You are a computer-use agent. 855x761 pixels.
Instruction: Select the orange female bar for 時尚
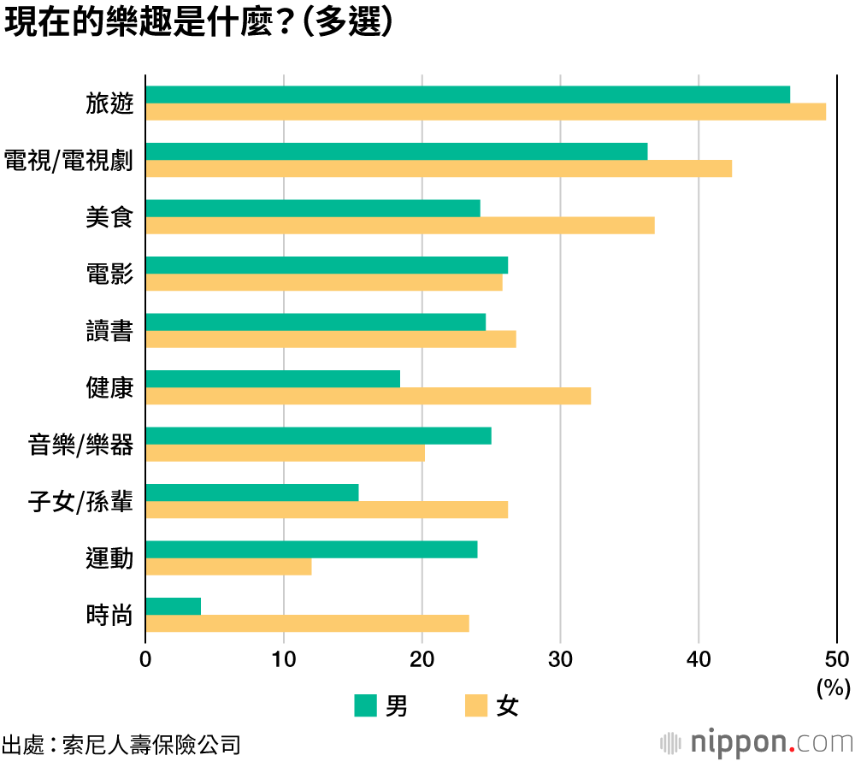[x=307, y=623]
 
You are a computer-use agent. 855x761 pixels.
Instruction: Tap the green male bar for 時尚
[x=174, y=606]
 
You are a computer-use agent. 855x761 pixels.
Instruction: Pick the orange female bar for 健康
[x=368, y=396]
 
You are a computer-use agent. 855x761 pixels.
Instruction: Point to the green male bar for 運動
[x=311, y=549]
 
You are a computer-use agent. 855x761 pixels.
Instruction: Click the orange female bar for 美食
[x=399, y=225]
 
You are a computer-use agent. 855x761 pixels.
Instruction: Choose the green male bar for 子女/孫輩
[x=252, y=493]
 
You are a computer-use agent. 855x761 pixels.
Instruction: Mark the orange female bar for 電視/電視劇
[x=439, y=168]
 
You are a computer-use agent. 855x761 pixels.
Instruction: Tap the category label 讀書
[x=109, y=331]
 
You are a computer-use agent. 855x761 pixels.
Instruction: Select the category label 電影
[x=109, y=274]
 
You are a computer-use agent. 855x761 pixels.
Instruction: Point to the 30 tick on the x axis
[x=560, y=659]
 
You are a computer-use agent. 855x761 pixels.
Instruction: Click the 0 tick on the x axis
[x=145, y=659]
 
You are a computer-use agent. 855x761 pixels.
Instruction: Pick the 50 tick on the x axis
[x=837, y=659]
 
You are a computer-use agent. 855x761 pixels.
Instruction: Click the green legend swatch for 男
[x=365, y=705]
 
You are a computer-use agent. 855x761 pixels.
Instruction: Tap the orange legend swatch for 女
[x=476, y=705]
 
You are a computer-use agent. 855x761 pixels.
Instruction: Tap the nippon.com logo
[x=756, y=740]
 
